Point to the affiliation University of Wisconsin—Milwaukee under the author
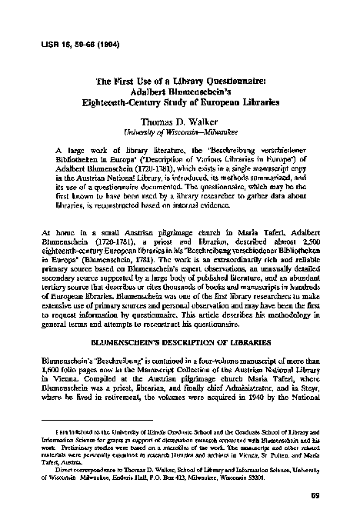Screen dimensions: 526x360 (x=180, y=132)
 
